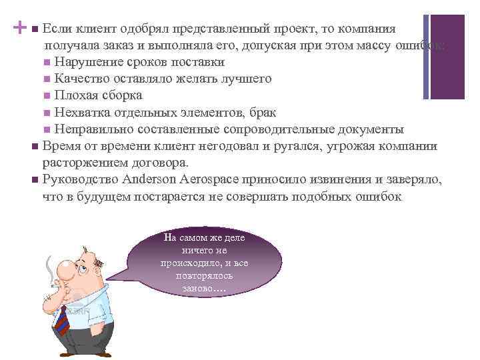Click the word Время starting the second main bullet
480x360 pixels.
coord(60,146)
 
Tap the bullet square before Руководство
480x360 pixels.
coord(34,181)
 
